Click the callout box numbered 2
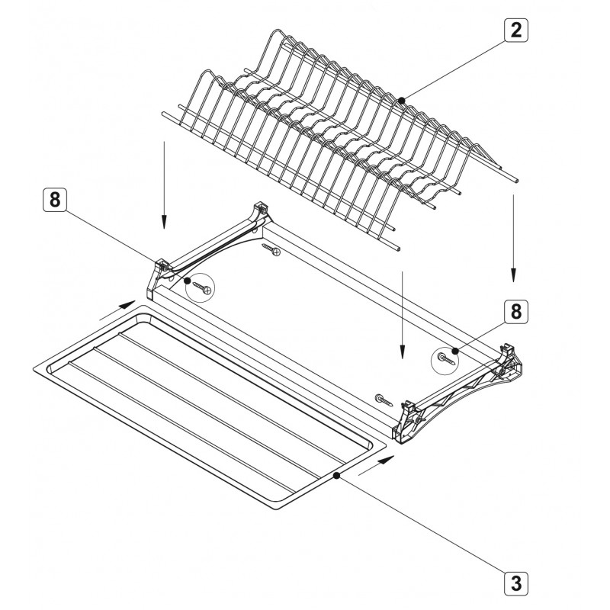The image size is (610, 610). tap(516, 30)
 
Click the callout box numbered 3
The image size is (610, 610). tap(516, 583)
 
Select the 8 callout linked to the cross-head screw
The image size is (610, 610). tap(55, 200)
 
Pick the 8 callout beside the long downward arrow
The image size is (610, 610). tap(516, 312)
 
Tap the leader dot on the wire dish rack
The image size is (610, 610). tap(402, 101)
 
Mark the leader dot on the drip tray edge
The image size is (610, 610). tap(336, 475)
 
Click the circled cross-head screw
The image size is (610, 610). tap(202, 287)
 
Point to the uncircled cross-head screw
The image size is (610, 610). tap(271, 250)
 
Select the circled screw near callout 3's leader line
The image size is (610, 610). tap(446, 358)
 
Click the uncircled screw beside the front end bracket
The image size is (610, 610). tap(384, 400)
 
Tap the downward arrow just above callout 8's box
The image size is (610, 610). tap(513, 238)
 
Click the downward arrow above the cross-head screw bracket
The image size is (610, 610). tap(164, 185)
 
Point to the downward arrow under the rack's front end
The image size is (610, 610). tap(403, 315)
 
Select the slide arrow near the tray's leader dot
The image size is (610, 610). tap(377, 465)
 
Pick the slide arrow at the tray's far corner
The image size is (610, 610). tap(117, 310)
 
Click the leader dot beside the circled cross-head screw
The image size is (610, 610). tap(187, 280)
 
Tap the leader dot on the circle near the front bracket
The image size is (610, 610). tap(454, 351)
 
